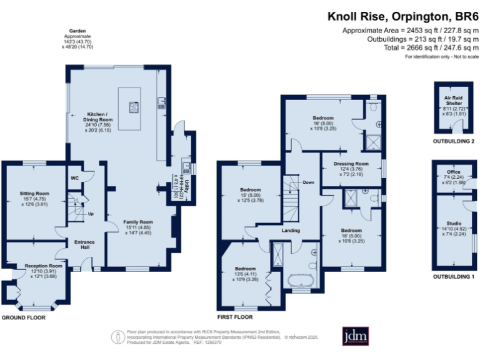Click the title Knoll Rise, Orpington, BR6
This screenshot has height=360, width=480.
[403, 17]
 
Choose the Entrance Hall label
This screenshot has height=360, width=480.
[85, 246]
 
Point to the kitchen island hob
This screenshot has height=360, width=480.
[133, 107]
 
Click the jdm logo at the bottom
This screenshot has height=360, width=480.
[354, 336]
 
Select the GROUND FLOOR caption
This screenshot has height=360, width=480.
[23, 317]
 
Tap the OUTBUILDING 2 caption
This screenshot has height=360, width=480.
[454, 142]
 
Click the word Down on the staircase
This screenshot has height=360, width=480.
[309, 182]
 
